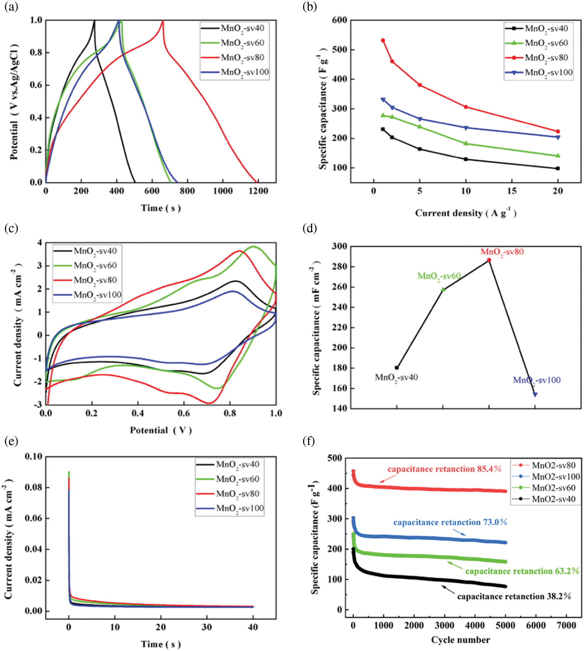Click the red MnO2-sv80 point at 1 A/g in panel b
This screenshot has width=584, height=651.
coord(383,41)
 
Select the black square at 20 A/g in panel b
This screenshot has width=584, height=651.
coord(558,168)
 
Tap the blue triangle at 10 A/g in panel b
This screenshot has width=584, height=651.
coord(466,128)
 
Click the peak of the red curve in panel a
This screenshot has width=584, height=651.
coord(163,21)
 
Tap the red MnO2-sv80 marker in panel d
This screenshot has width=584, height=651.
coord(489,260)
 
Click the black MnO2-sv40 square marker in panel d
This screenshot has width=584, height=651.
coord(397,368)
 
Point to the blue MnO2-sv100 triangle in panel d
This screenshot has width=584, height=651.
coord(535,395)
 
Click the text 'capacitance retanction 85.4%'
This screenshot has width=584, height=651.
coord(444,469)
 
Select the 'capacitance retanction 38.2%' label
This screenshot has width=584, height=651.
coord(514,597)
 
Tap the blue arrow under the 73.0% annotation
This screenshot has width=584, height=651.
coord(460,532)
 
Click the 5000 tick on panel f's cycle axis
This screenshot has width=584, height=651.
coord(505,625)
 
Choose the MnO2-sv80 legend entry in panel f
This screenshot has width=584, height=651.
coord(554,466)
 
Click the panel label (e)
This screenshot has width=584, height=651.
coord(11,441)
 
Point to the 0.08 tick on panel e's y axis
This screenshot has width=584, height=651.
coord(34,488)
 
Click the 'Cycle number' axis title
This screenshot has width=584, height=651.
coord(460,640)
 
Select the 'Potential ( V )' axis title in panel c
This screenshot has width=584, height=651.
coord(161,430)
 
